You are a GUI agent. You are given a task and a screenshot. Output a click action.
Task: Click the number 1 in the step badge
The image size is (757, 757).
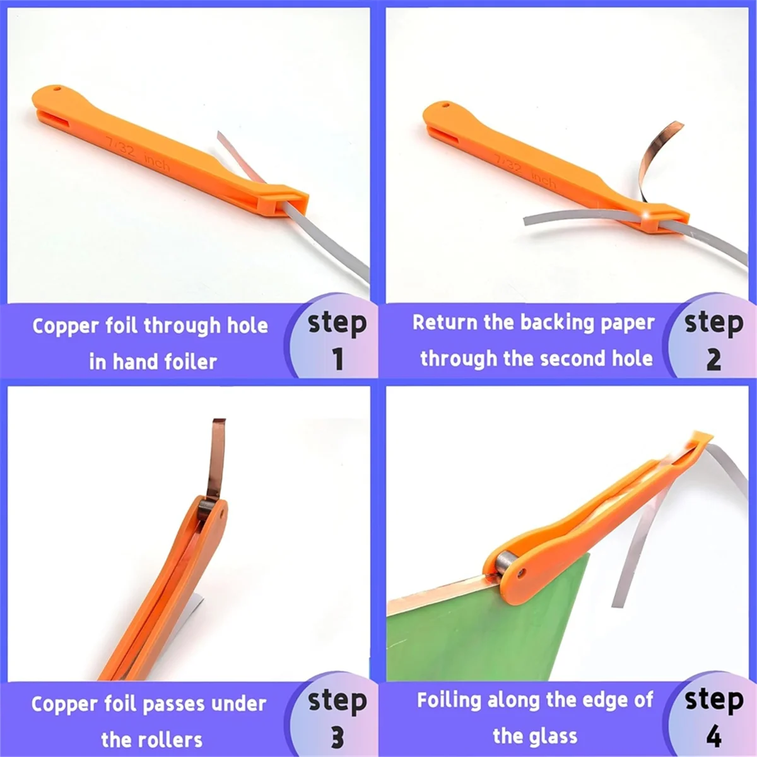pyautogui.click(x=337, y=359)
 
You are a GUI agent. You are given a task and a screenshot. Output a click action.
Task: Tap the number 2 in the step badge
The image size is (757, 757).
pyautogui.click(x=713, y=360)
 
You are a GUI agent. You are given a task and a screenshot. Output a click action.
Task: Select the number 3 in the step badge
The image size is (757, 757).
pyautogui.click(x=337, y=737)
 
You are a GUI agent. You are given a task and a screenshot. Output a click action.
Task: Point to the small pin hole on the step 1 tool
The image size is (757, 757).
pyautogui.click(x=57, y=89)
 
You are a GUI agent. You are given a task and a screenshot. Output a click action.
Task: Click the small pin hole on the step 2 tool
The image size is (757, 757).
pyautogui.click(x=446, y=106)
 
